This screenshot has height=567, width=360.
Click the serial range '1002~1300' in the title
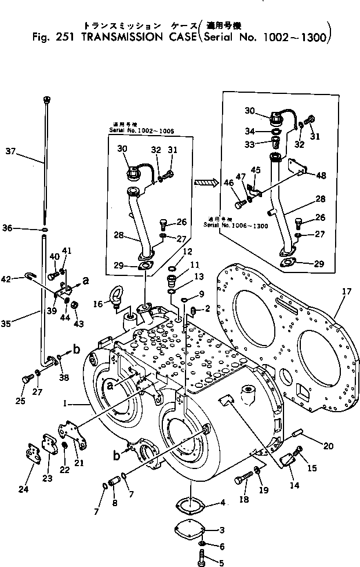(x=297, y=39)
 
